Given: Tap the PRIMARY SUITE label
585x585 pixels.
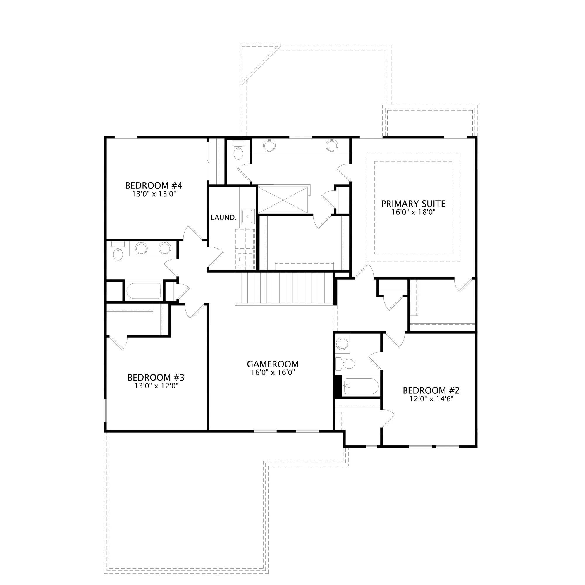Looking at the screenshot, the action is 413,204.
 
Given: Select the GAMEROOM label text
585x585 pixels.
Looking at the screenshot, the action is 273,364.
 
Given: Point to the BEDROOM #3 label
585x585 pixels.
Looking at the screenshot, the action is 156,377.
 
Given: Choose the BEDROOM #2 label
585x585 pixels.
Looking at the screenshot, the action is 431,390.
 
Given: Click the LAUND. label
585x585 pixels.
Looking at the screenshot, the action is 224,217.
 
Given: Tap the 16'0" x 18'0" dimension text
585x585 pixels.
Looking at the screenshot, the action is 413,212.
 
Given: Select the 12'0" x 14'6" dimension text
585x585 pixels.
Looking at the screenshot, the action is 431,399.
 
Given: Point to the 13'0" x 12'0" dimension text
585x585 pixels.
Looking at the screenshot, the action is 156,386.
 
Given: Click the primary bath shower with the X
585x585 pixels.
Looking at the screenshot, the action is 283,200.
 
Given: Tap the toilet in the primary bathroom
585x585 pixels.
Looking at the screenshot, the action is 239,150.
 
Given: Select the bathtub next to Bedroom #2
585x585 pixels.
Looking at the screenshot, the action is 360,386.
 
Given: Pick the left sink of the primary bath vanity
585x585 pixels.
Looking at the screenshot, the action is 269,146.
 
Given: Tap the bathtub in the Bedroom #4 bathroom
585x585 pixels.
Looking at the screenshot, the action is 144,291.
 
